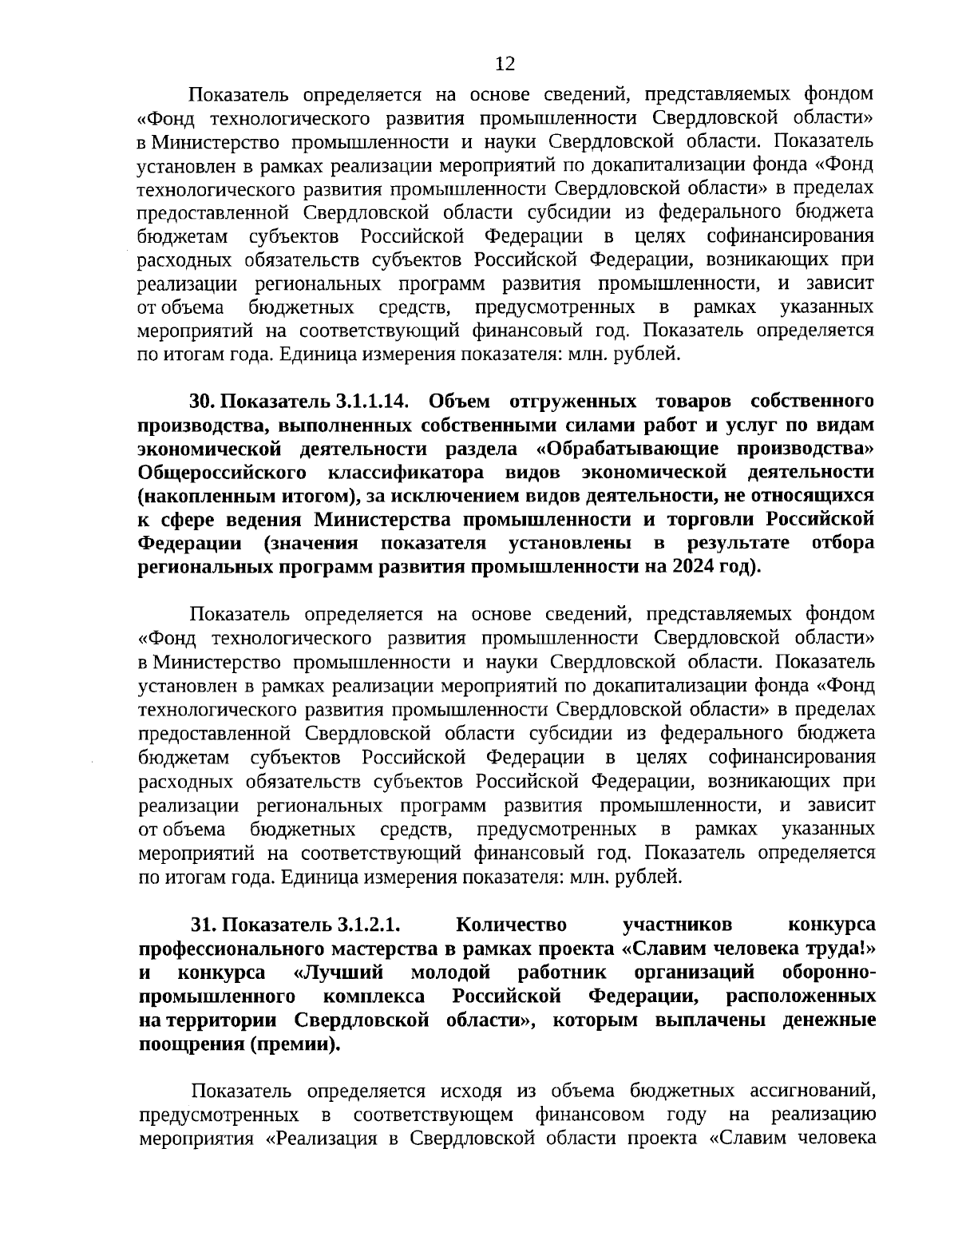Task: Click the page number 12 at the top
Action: pyautogui.click(x=505, y=64)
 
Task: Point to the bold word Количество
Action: pyautogui.click(x=511, y=925)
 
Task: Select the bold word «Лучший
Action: pyautogui.click(x=339, y=973)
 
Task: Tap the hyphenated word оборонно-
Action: pyautogui.click(x=829, y=973)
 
